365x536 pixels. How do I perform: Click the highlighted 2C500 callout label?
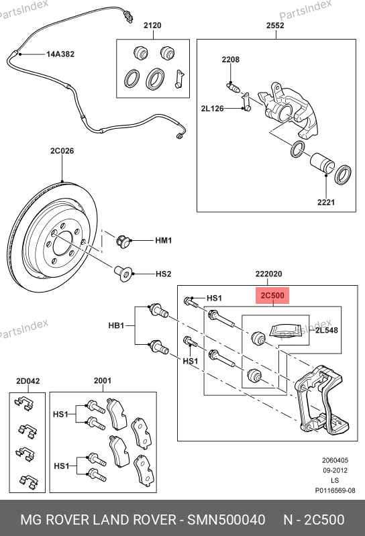coord(272,295)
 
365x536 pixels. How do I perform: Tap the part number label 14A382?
coord(60,54)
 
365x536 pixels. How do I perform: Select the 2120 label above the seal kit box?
coord(152,25)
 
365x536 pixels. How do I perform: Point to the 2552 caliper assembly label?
coord(276,25)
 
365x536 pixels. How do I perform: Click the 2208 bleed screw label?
coord(231,60)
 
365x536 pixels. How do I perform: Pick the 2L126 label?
coord(212,109)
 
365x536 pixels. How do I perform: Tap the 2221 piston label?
coord(326,203)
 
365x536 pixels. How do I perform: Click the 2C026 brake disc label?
coord(62,151)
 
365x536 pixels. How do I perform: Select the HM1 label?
coord(163,241)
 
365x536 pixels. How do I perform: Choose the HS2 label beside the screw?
coord(163,274)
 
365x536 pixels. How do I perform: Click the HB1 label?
coord(116,325)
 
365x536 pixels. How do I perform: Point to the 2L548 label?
coord(326,330)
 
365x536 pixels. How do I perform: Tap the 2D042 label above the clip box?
coord(28,381)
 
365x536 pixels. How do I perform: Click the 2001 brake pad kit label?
coord(103,381)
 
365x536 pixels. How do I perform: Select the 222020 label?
coord(268,274)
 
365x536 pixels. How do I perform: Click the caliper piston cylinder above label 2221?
coord(322,163)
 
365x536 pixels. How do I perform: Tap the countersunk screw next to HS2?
coord(123,274)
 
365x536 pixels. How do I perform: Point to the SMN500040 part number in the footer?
coord(226,520)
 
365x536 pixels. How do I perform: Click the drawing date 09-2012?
coord(335,470)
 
